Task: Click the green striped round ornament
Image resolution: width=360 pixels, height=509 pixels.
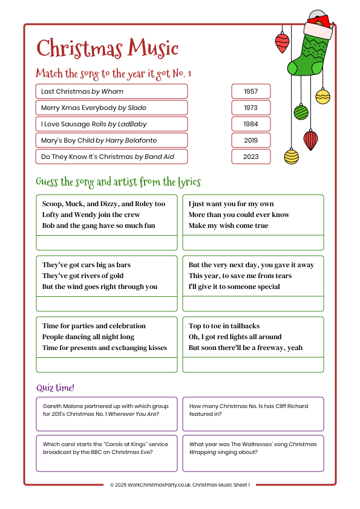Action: (301, 112)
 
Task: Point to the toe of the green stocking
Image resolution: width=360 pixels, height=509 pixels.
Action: (295, 67)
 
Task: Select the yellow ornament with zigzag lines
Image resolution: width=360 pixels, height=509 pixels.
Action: (322, 96)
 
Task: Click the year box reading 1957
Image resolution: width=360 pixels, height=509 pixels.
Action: (250, 91)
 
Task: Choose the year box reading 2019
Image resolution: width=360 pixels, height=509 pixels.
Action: (250, 140)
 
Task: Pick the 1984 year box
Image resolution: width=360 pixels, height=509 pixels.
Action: (250, 124)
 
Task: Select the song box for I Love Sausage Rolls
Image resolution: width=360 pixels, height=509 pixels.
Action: (111, 124)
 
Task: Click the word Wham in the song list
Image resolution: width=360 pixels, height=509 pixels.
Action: (113, 91)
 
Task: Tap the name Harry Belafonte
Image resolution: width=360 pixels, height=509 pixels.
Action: (131, 140)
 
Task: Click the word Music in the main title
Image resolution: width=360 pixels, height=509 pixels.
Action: (149, 48)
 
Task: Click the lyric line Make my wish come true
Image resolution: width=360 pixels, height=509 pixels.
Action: (228, 225)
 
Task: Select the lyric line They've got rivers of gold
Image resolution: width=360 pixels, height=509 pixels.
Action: (82, 276)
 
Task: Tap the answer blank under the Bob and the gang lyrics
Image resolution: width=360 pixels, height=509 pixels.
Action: (106, 242)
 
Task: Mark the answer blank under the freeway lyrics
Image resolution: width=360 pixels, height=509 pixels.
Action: (253, 365)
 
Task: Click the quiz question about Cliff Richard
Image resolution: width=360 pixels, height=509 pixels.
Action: (253, 410)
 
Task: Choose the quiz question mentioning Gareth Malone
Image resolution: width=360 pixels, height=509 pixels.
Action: (106, 410)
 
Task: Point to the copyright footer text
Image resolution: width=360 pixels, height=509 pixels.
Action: (180, 485)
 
